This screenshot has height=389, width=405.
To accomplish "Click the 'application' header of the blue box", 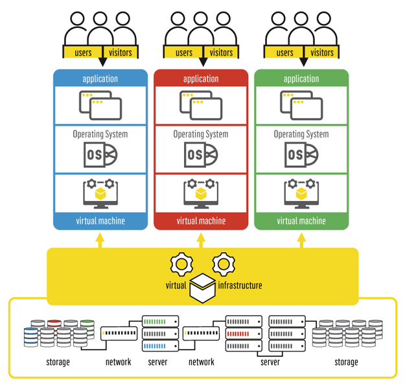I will pyautogui.click(x=100, y=79).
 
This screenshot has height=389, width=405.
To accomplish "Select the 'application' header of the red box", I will pyautogui.click(x=201, y=79).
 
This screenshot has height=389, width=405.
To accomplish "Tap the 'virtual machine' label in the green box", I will pyautogui.click(x=301, y=221).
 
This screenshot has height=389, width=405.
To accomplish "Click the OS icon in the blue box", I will pyautogui.click(x=100, y=155).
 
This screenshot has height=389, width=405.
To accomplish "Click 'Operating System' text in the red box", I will pyautogui.click(x=201, y=134).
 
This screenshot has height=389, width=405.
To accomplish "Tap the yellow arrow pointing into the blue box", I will pyautogui.click(x=100, y=240).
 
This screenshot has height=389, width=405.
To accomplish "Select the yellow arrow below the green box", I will pyautogui.click(x=301, y=240).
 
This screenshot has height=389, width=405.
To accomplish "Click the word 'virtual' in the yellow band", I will pyautogui.click(x=176, y=285).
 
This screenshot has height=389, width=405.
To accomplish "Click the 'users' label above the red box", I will pyautogui.click(x=184, y=53).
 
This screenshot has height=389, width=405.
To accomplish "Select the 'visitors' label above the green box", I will pyautogui.click(x=322, y=53).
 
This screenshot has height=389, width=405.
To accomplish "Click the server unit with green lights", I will pyautogui.click(x=159, y=322).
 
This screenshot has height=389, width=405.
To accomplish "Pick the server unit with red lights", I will pyautogui.click(x=244, y=333).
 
